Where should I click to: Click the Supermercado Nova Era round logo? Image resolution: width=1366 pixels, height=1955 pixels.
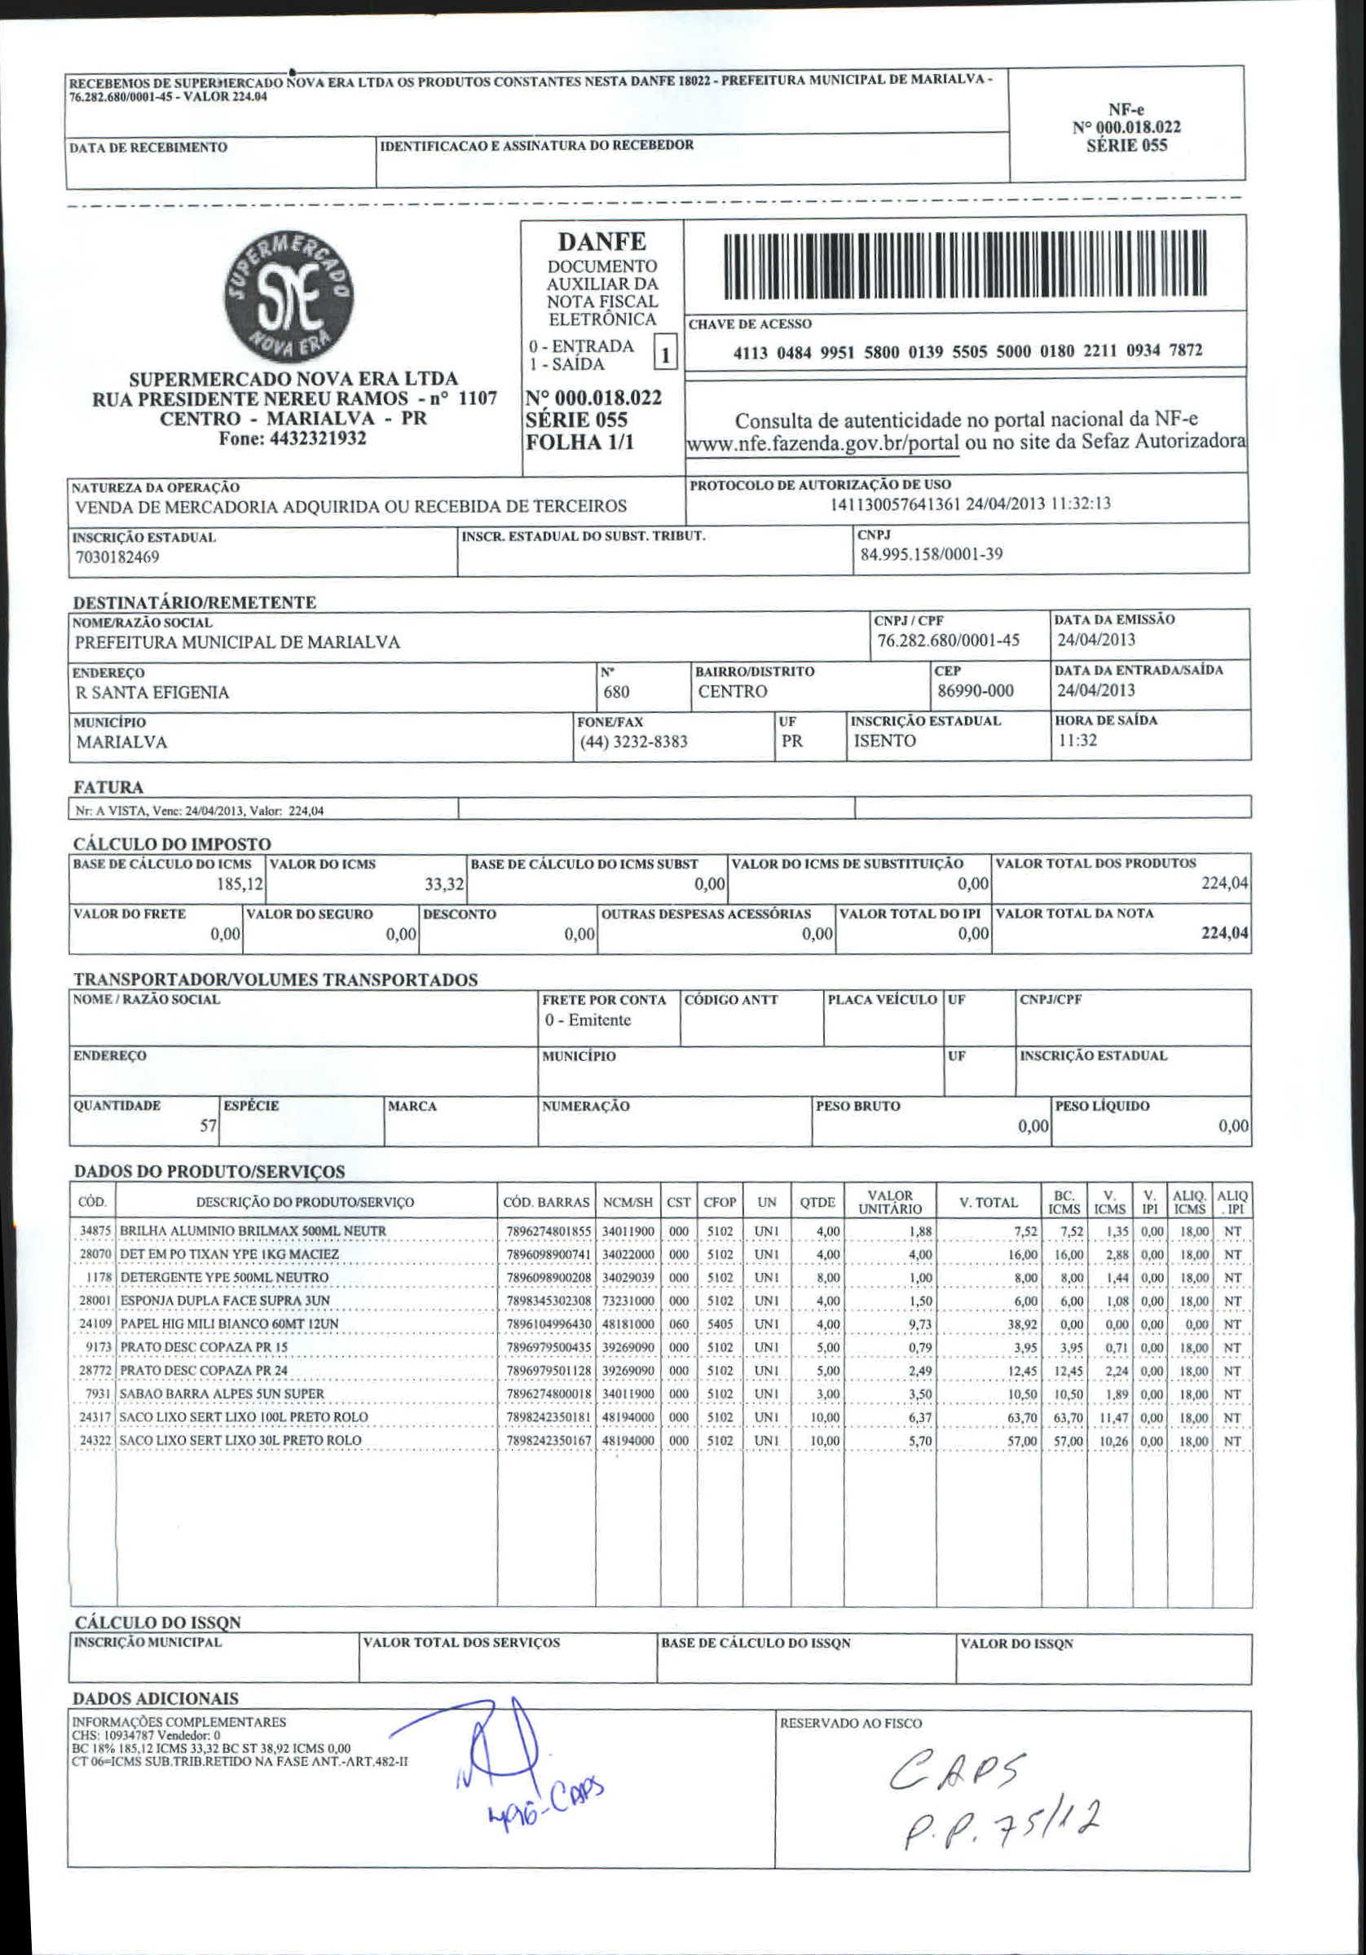[x=289, y=297]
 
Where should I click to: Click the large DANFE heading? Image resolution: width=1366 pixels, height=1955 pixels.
[x=602, y=242]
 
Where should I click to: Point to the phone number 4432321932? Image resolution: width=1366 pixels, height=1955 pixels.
[x=292, y=438]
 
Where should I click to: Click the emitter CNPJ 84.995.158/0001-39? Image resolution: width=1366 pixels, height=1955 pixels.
[x=931, y=554]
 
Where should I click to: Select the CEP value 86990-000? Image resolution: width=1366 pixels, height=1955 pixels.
[x=975, y=690]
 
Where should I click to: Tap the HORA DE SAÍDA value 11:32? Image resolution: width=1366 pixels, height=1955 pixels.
[x=1077, y=740]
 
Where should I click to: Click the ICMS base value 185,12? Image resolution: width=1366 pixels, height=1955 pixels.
[x=240, y=884]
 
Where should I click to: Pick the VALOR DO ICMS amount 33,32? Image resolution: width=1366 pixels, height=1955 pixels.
[x=444, y=885]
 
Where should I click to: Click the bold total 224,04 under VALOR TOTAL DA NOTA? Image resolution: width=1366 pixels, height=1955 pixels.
[x=1225, y=933]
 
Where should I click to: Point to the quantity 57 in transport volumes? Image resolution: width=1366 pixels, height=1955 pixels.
[x=209, y=1125]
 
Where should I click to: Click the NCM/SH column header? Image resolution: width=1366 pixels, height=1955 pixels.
[x=628, y=1202]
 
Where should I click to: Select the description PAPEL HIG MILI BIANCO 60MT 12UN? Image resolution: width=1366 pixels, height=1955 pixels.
[x=229, y=1324]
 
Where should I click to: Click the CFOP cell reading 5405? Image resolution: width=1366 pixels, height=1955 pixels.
[x=720, y=1325]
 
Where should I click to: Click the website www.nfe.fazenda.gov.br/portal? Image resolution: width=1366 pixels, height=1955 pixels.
[x=822, y=443]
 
